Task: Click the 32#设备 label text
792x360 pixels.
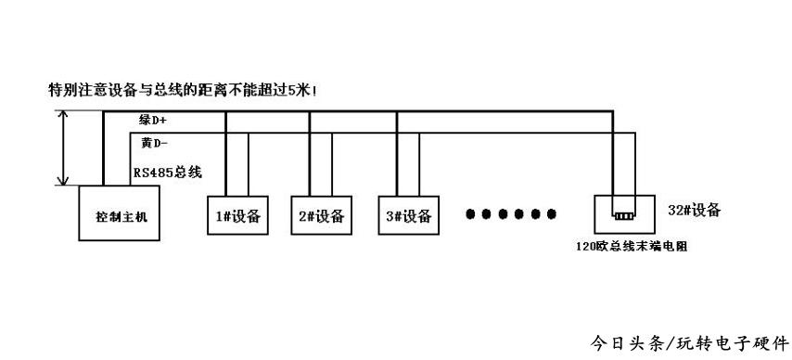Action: tap(694, 211)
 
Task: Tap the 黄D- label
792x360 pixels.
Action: tap(154, 143)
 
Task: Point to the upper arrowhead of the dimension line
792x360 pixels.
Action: tap(62, 116)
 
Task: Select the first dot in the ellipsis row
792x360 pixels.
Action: tap(470, 215)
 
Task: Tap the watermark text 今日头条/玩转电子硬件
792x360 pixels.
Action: tap(690, 343)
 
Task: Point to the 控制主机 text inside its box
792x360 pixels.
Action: tap(121, 217)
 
